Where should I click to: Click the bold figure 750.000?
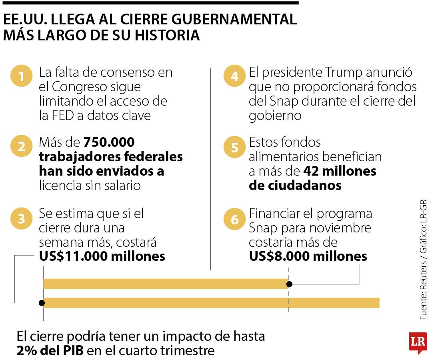coord(109,142)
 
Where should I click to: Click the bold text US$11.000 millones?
coord(102,256)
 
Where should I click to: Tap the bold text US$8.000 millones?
coord(308,256)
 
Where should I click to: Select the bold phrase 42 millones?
coord(340,171)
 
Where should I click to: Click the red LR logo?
coord(418,342)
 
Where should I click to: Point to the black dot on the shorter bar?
coord(290,284)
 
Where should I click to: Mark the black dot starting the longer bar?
coord(42,303)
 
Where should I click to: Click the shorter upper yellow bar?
coord(164,284)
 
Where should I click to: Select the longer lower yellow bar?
coord(212,303)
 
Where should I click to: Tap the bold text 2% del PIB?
coord(50,351)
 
